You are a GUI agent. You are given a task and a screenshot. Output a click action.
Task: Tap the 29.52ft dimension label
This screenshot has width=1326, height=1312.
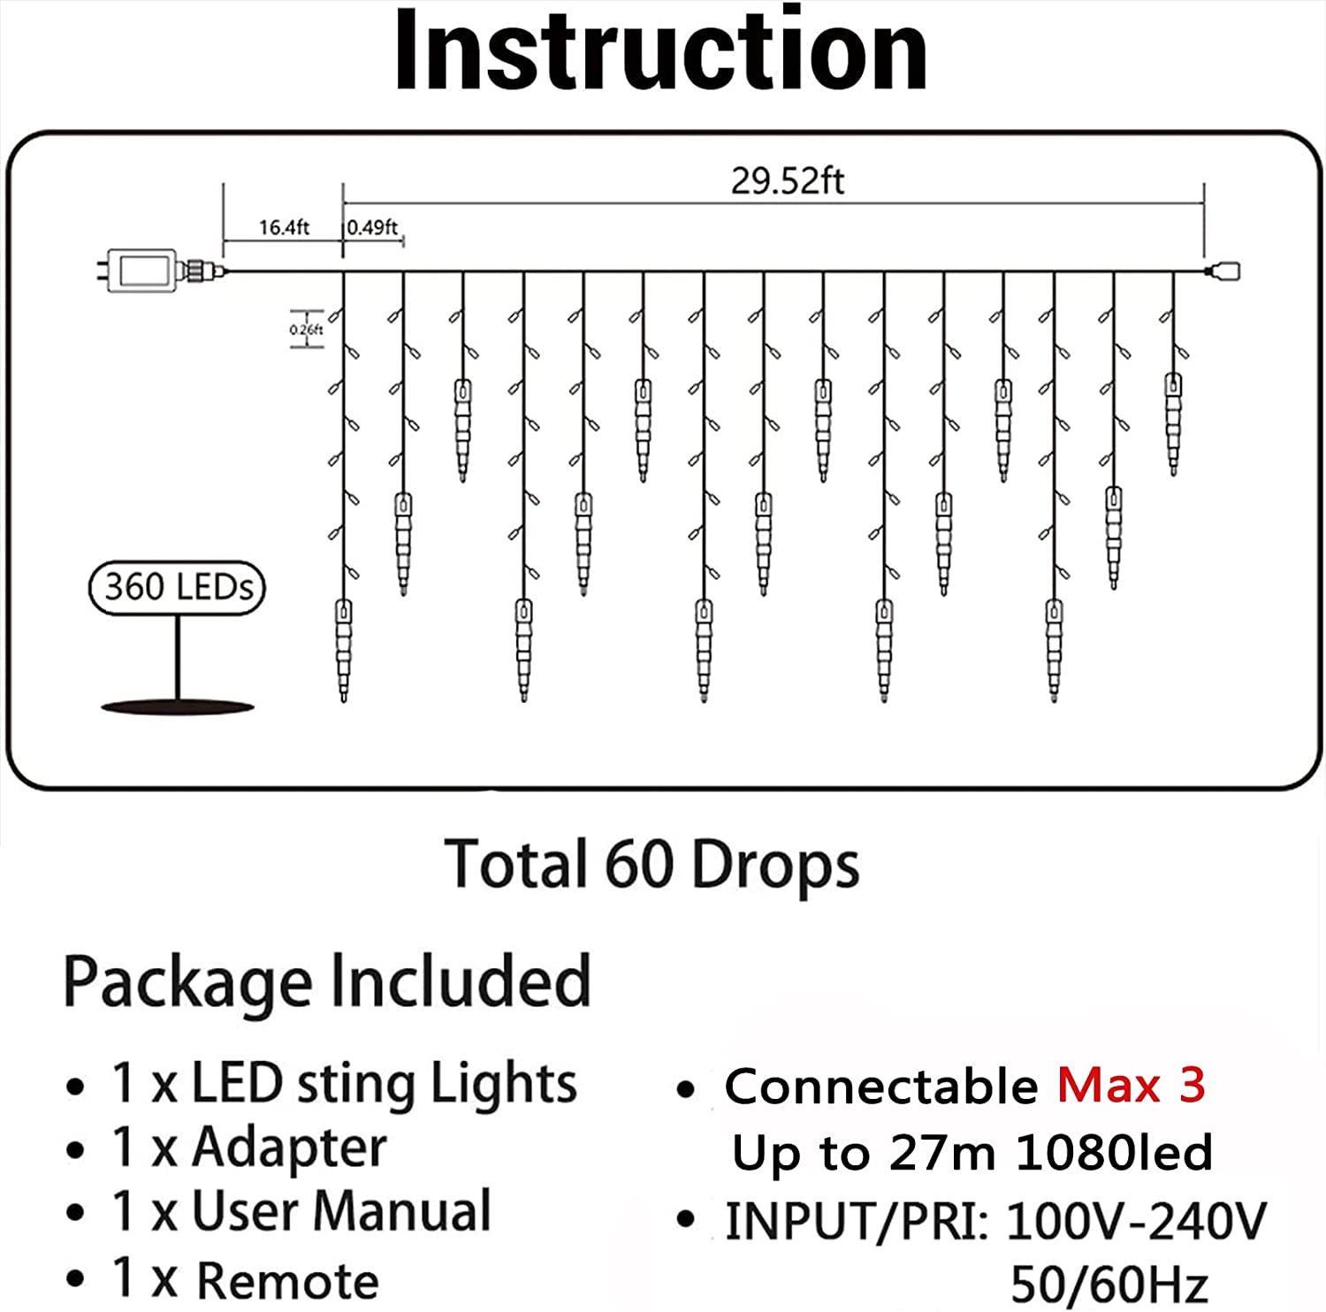click(787, 181)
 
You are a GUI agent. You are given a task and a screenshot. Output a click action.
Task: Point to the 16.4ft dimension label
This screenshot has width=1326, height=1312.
click(284, 227)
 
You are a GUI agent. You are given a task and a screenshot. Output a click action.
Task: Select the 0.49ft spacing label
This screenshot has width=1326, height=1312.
click(372, 227)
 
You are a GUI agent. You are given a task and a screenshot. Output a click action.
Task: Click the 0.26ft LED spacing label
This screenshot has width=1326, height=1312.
click(306, 330)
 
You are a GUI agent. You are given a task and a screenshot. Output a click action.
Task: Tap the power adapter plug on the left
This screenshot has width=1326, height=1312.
click(159, 269)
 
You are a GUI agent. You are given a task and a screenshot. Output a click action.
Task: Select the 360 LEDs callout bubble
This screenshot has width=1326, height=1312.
click(177, 587)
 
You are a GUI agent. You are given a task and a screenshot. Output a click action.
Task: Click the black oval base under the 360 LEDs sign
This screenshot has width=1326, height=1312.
click(178, 706)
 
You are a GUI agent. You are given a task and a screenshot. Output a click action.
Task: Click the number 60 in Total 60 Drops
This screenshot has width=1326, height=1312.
click(640, 865)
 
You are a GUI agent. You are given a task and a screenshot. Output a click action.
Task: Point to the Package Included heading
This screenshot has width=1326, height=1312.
click(327, 981)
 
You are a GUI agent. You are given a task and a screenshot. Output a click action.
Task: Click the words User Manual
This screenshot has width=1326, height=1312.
click(341, 1211)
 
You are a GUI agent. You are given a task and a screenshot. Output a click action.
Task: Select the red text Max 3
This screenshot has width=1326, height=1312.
click(1132, 1085)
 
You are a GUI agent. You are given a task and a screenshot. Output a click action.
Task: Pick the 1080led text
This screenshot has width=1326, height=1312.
click(1114, 1152)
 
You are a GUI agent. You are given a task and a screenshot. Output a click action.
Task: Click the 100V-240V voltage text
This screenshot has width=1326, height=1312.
click(1136, 1221)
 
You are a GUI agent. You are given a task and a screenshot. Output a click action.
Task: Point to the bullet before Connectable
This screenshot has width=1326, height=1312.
click(686, 1089)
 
